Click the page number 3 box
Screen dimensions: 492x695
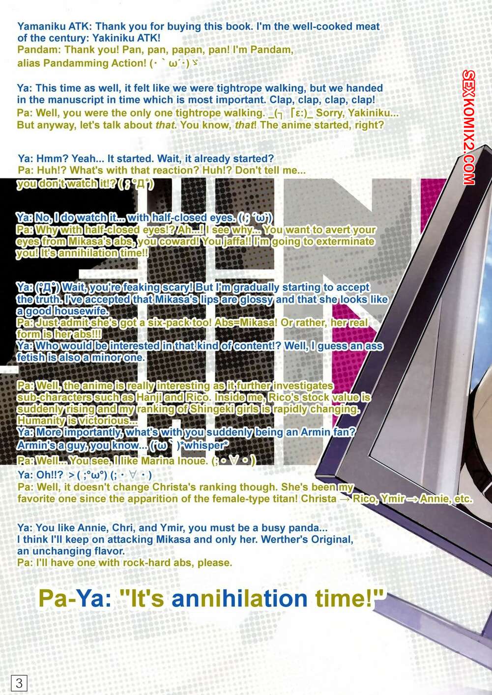coord(19,683)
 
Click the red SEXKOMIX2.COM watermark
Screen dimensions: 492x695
coord(468,127)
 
